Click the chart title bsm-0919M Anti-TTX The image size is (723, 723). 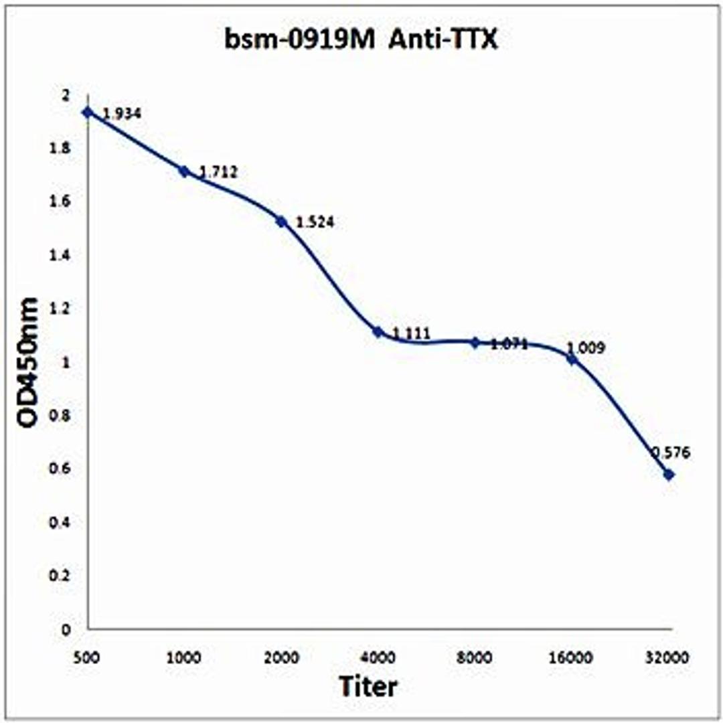pyautogui.click(x=361, y=42)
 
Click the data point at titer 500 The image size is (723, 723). pyautogui.click(x=87, y=112)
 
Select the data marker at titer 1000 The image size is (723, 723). pyautogui.click(x=183, y=171)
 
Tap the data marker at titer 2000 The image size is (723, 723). pyautogui.click(x=281, y=222)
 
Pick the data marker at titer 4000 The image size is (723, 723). pyautogui.click(x=378, y=332)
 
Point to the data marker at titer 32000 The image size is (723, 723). pyautogui.click(x=669, y=475)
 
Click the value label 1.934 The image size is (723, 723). pyautogui.click(x=123, y=114)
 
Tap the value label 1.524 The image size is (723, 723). pyautogui.click(x=315, y=222)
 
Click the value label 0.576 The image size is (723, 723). pyautogui.click(x=670, y=453)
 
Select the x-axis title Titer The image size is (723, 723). pyautogui.click(x=368, y=686)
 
